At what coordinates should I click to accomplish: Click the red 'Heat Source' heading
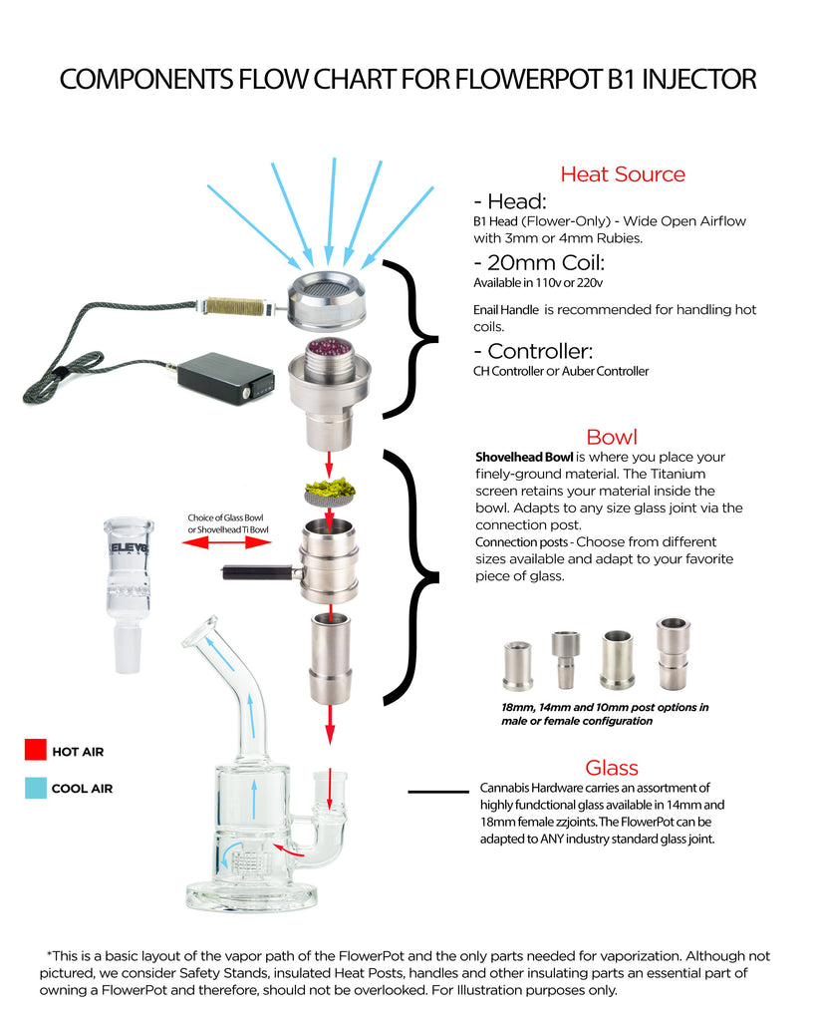[623, 173]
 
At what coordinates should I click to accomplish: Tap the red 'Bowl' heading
[612, 437]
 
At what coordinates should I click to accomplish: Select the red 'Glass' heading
[612, 768]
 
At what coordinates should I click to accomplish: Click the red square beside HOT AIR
[36, 750]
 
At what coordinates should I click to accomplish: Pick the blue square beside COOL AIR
[36, 788]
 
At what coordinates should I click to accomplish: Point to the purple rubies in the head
[329, 350]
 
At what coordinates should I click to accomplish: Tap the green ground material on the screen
[331, 486]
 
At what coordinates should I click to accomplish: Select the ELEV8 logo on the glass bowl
[129, 548]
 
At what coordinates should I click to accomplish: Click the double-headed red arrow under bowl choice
[227, 542]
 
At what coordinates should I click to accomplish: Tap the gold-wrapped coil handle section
[234, 305]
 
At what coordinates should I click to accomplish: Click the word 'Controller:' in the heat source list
[540, 352]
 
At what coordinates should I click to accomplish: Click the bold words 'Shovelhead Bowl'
[524, 457]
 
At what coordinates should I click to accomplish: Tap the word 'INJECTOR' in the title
[698, 80]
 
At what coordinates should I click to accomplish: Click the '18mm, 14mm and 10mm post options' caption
[605, 714]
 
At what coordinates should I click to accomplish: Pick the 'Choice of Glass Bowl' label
[226, 517]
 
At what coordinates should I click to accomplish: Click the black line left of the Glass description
[438, 792]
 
